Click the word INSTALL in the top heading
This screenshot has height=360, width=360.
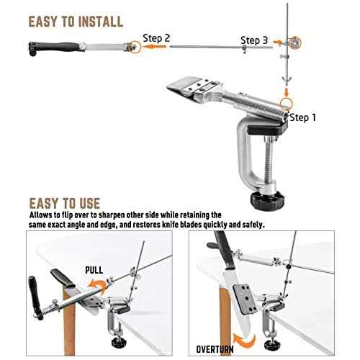pos(92,21)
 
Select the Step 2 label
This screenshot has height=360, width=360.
pos(156,37)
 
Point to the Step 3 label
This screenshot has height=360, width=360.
pos(254,41)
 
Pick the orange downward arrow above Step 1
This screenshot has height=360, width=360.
pos(287,91)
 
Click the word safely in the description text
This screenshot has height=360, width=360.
pos(252,225)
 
